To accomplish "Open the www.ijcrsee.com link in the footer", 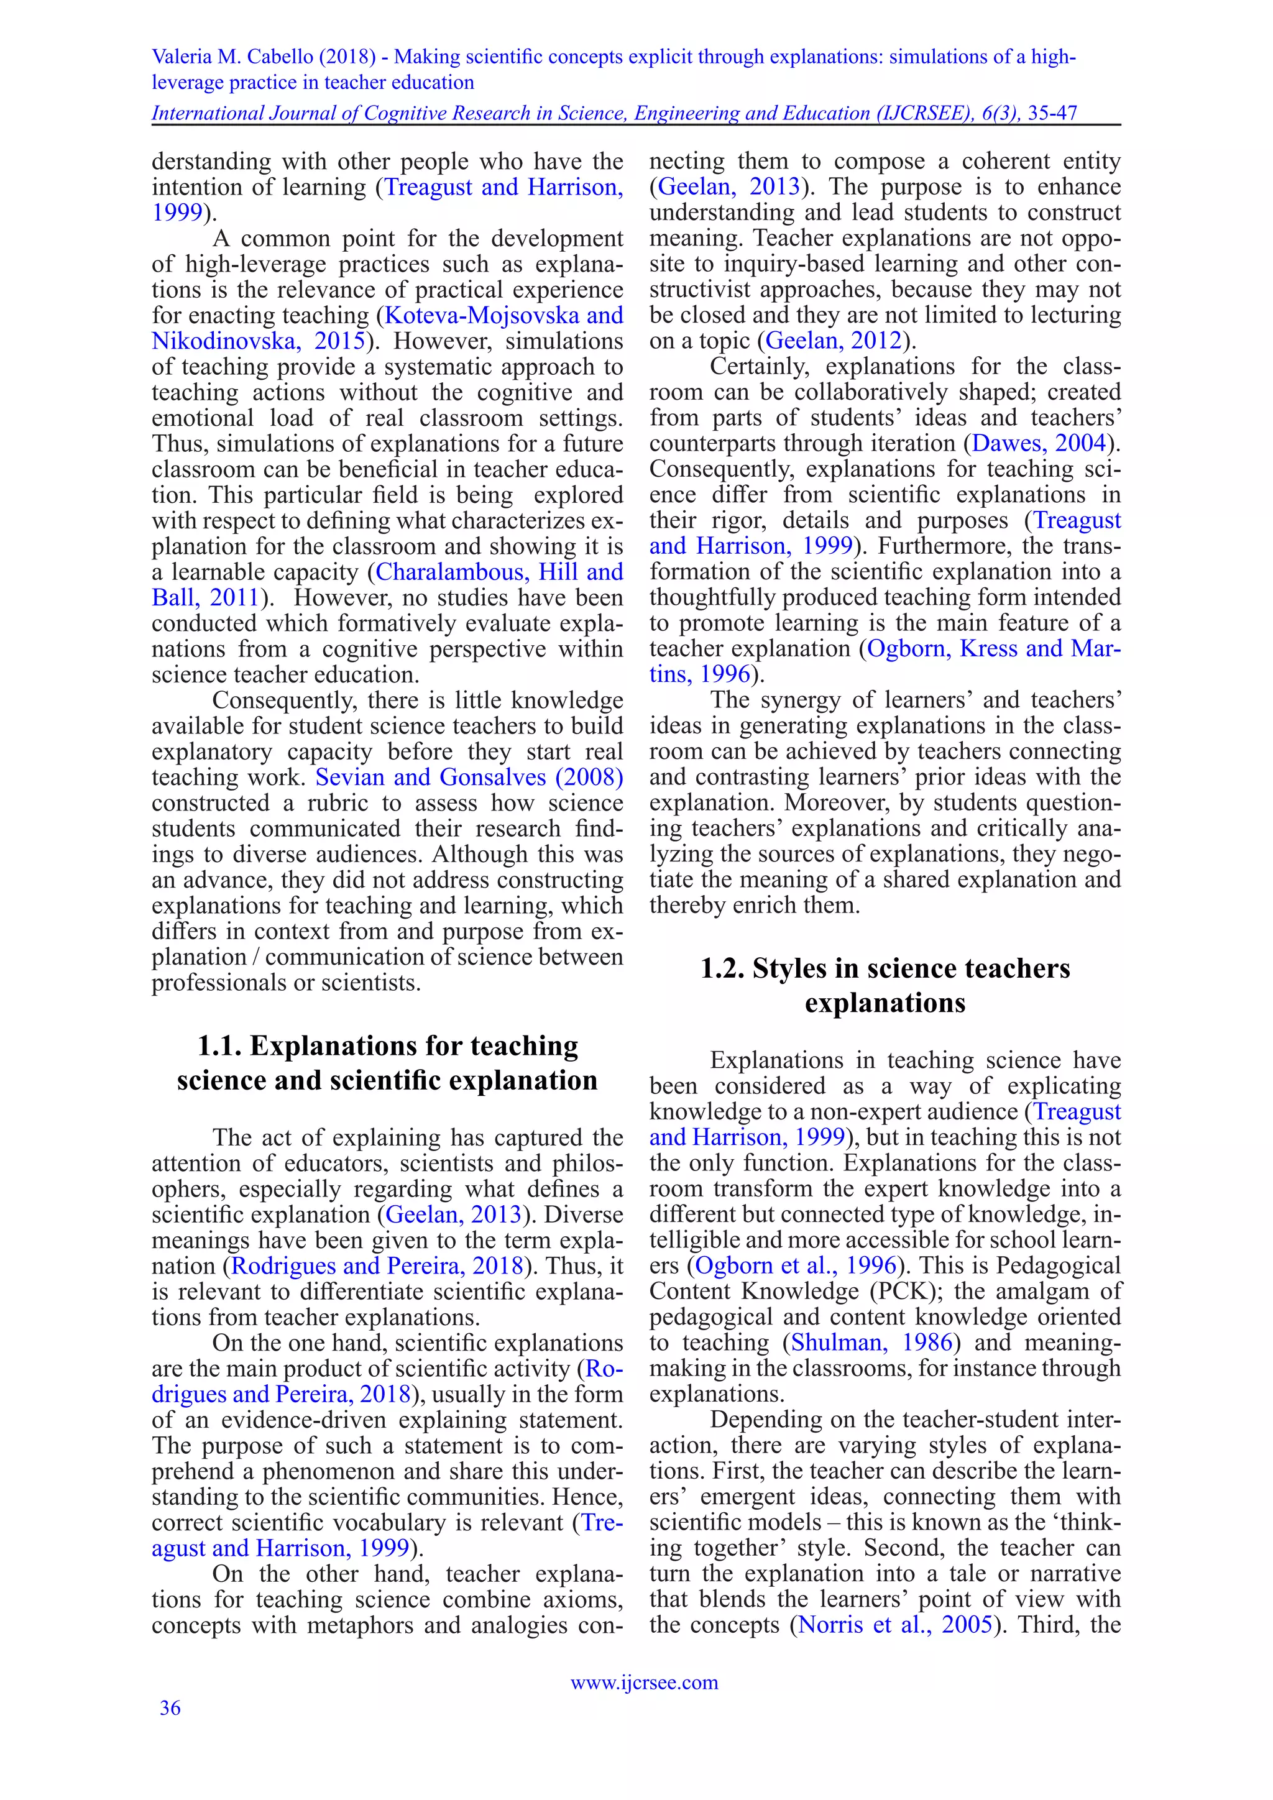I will pos(643,1682).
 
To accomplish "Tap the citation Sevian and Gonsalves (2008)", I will pos(469,777).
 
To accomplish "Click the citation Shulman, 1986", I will pos(871,1342).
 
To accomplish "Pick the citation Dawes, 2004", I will pos(1039,443).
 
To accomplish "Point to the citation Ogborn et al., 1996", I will pos(796,1265).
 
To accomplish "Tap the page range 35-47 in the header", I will pos(1052,114).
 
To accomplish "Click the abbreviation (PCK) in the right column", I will pos(898,1291).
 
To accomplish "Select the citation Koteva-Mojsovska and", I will pos(504,315).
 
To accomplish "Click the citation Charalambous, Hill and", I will pos(499,572).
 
